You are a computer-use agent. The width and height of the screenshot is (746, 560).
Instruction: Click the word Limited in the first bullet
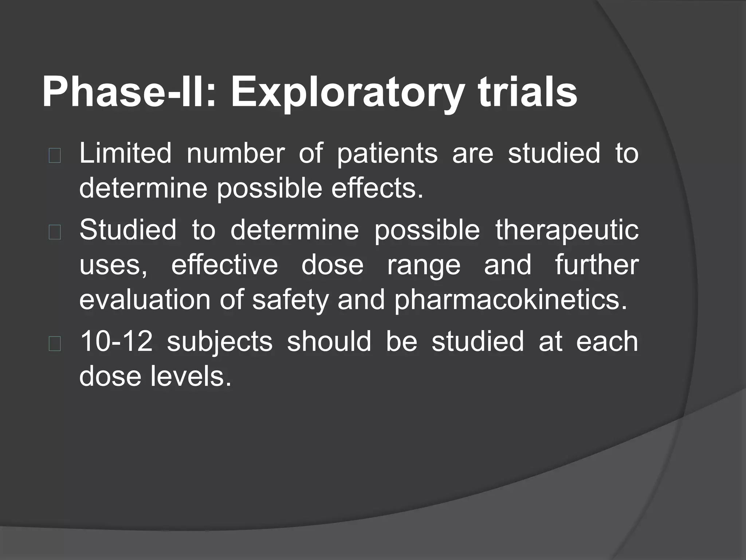pos(125,153)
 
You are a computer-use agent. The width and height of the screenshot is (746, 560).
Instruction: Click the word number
pos(235,153)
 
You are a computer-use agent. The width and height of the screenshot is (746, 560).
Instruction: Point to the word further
pos(597,265)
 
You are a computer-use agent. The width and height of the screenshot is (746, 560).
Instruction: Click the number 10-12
pos(116,342)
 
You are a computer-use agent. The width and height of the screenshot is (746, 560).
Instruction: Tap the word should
pos(329,342)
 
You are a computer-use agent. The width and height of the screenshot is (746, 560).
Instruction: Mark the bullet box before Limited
pos(54,156)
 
